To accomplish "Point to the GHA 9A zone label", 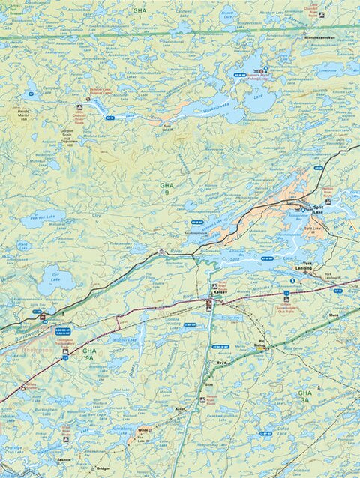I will pyautogui.click(x=89, y=354).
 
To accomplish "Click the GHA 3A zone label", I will pyautogui.click(x=304, y=396).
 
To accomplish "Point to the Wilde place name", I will pyautogui.click(x=144, y=430).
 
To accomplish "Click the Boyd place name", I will pyautogui.click(x=221, y=363).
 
